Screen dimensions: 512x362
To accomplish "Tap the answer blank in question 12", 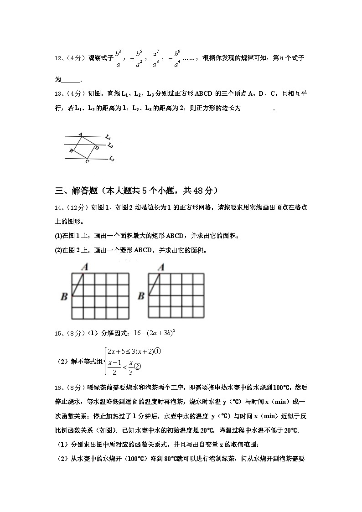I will coord(71,80).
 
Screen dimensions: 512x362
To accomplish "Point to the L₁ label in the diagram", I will coord(108,137).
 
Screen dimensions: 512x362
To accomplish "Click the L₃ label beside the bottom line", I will coord(111,159).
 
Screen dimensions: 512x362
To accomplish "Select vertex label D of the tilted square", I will coord(97,147).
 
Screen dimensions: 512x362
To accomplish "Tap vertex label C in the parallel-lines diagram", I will coord(87,161).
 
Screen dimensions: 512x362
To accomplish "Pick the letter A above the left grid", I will coord(85,267).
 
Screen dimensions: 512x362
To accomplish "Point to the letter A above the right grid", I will coord(160,267).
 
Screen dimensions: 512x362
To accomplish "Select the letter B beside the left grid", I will coord(64,296).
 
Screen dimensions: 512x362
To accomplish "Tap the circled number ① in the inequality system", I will coord(159,352).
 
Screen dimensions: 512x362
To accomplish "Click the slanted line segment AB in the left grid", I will coord(78,285).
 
